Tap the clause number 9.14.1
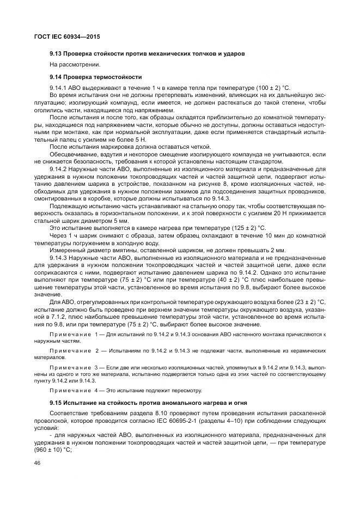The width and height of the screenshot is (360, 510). coord(58,88)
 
